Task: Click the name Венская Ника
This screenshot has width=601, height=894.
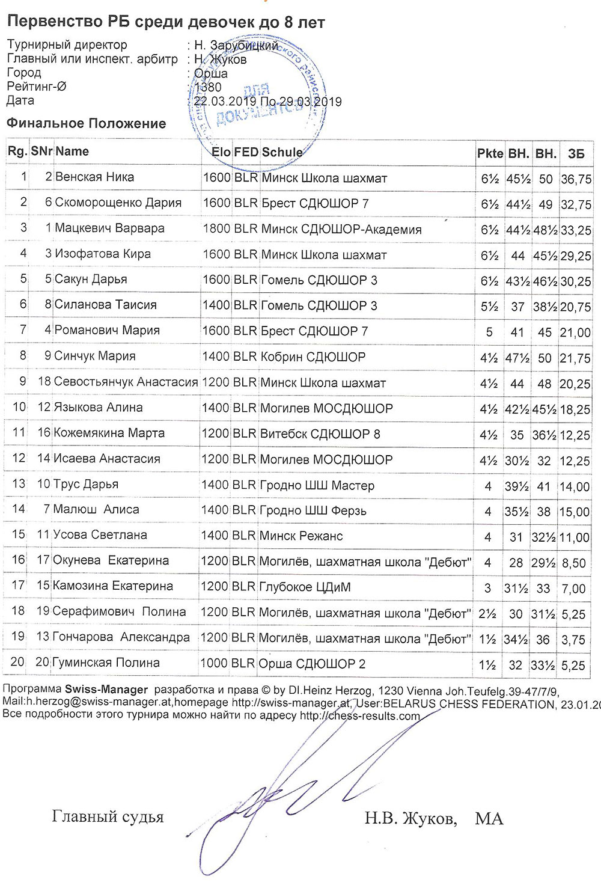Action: coord(94,177)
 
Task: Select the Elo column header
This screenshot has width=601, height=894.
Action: coord(221,152)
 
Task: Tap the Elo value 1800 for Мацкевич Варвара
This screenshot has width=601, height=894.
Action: coord(216,228)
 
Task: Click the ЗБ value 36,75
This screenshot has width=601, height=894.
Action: coord(576,179)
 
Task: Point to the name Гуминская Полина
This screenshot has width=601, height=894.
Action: coord(106,663)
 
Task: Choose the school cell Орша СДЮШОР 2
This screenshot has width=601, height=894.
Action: coord(311,664)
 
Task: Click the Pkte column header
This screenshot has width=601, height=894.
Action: coord(490,153)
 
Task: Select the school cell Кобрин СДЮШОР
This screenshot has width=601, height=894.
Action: coord(313,357)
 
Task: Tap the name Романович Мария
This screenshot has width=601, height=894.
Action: coord(107,330)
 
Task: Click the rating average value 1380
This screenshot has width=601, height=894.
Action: coord(208,87)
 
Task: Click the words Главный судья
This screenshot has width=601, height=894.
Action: coord(108,817)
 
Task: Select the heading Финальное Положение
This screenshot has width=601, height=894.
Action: coord(86,124)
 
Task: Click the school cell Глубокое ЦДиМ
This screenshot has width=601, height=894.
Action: coord(305,587)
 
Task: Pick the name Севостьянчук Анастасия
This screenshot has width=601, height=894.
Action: coord(126,382)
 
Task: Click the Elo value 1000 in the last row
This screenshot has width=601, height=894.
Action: coord(214,663)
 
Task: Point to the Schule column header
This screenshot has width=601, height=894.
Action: coord(282,152)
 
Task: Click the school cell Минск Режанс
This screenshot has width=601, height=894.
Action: coord(300,536)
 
